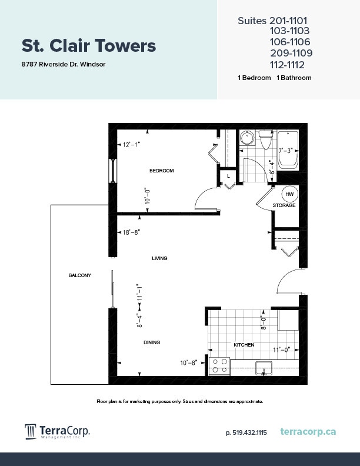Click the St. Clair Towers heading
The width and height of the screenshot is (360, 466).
pyautogui.click(x=89, y=46)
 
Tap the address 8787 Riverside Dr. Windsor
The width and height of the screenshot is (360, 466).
pyautogui.click(x=63, y=64)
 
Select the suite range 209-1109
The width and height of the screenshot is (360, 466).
pyautogui.click(x=291, y=53)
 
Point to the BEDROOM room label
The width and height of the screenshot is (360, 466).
pyautogui.click(x=161, y=171)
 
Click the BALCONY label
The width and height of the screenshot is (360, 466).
pyautogui.click(x=79, y=275)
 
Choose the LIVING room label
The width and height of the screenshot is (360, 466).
pyautogui.click(x=159, y=258)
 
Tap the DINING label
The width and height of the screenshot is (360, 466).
pyautogui.click(x=151, y=342)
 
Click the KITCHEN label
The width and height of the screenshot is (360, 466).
pyautogui.click(x=244, y=345)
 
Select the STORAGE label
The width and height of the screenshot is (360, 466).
pyautogui.click(x=284, y=205)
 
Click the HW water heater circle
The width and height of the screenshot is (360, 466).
pyautogui.click(x=289, y=194)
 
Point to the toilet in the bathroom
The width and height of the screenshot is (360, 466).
pyautogui.click(x=265, y=141)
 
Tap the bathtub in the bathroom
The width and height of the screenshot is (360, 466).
pyautogui.click(x=288, y=149)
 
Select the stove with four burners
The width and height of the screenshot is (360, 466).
pyautogui.click(x=219, y=366)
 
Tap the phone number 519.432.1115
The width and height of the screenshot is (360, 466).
pyautogui.click(x=246, y=432)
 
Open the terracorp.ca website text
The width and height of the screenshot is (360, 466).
pyautogui.click(x=308, y=432)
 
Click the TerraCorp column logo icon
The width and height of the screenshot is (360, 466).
pyautogui.click(x=31, y=432)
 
